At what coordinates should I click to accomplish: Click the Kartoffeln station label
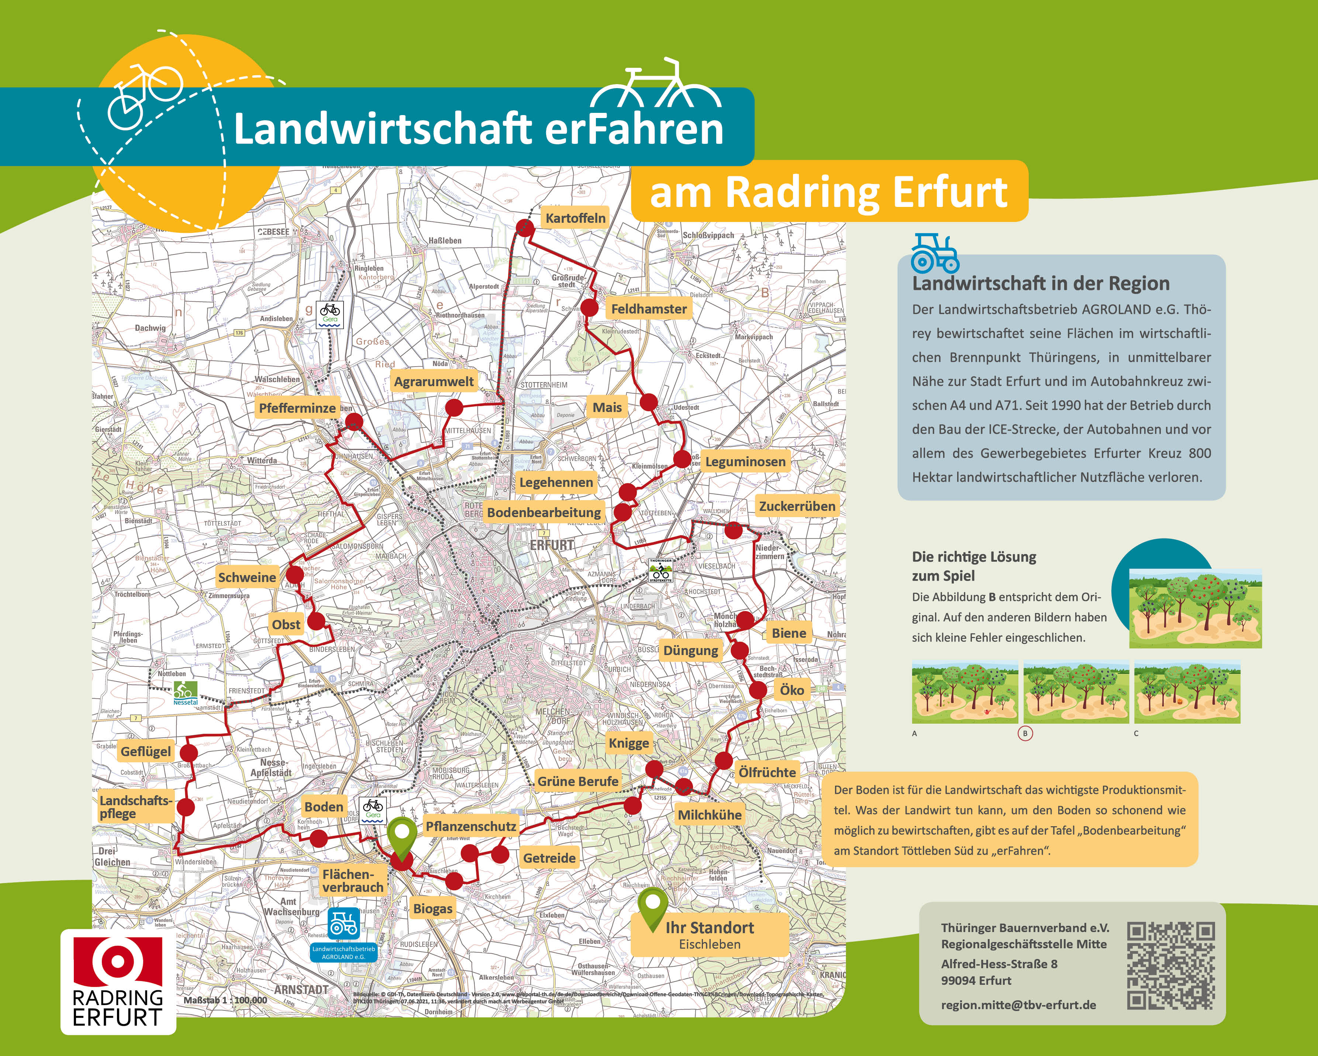click(x=575, y=218)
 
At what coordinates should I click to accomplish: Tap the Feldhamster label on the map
click(x=649, y=309)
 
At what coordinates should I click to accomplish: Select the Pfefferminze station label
click(x=297, y=408)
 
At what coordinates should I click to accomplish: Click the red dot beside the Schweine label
click(x=295, y=574)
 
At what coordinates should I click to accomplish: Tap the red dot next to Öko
click(x=758, y=690)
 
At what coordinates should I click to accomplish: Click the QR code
click(x=1171, y=966)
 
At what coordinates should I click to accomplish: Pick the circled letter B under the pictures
click(x=1025, y=733)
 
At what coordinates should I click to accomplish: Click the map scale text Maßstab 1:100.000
click(x=225, y=1000)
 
